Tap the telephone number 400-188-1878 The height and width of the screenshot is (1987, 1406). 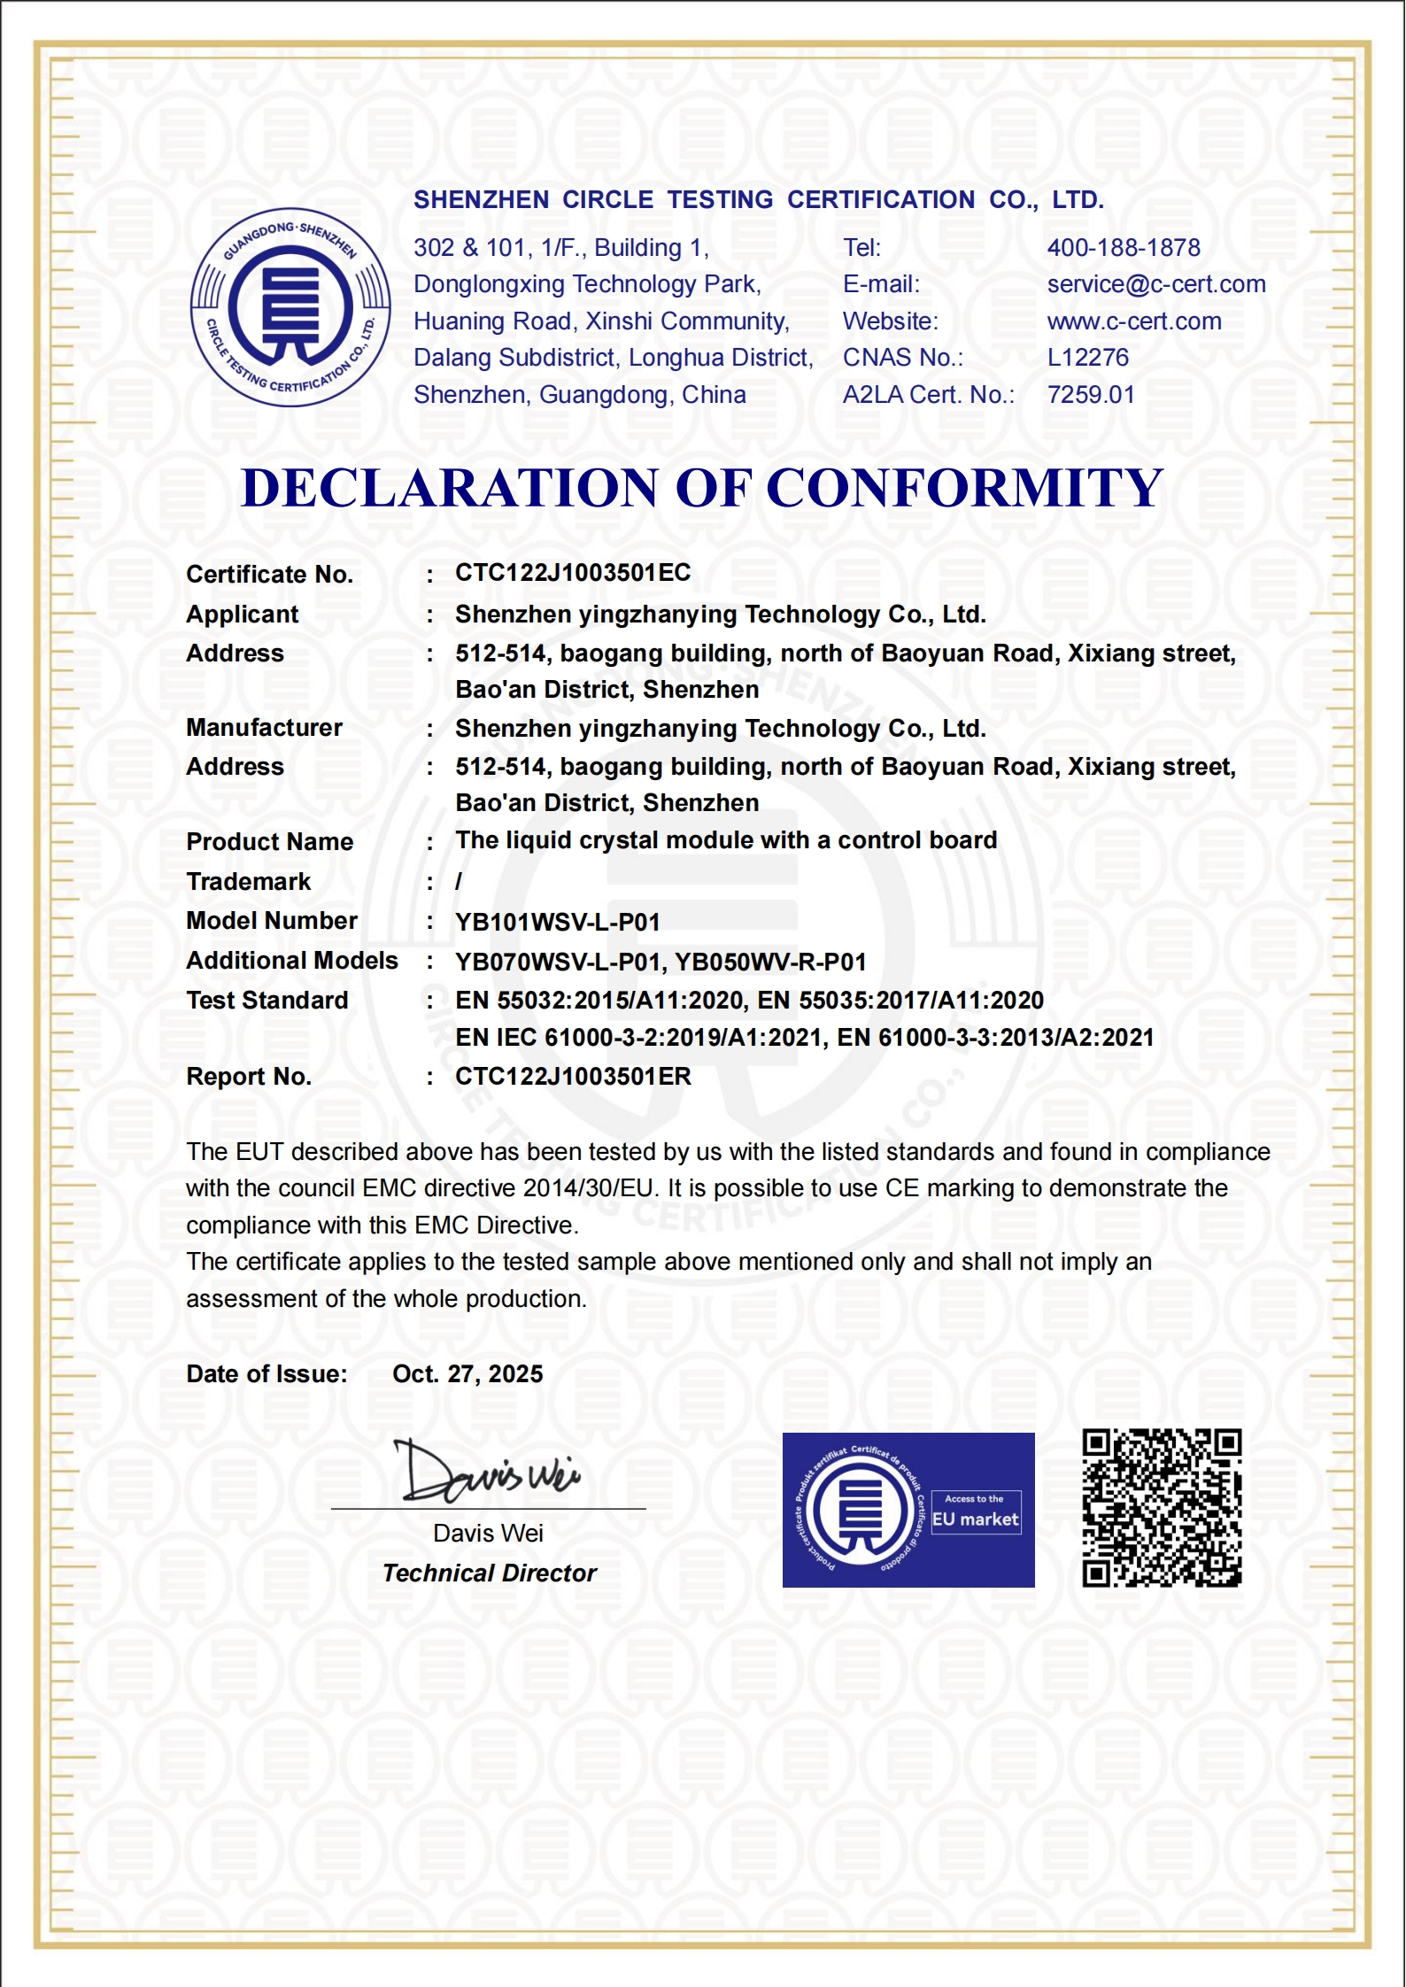click(x=1124, y=248)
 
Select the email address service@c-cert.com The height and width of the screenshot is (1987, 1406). click(x=1155, y=284)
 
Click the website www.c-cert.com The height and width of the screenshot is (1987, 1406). click(x=1134, y=321)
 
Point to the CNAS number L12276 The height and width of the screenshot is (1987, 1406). click(x=1088, y=358)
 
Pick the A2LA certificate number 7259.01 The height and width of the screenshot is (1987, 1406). click(x=1091, y=395)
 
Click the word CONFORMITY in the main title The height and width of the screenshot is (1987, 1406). click(x=964, y=489)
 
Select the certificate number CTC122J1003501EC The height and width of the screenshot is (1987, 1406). click(x=573, y=573)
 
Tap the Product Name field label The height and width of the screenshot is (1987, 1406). click(x=269, y=842)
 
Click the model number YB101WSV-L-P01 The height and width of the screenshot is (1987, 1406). click(x=558, y=923)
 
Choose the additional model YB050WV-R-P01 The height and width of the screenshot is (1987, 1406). click(x=771, y=963)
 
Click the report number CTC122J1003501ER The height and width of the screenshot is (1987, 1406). click(x=573, y=1077)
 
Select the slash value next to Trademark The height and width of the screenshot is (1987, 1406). click(x=459, y=882)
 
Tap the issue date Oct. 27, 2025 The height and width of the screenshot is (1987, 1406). click(x=467, y=1374)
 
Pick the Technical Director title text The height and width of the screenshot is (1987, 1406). click(x=490, y=1573)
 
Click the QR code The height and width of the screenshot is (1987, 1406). click(x=1162, y=1508)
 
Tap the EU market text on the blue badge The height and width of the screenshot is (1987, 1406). click(x=976, y=1519)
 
